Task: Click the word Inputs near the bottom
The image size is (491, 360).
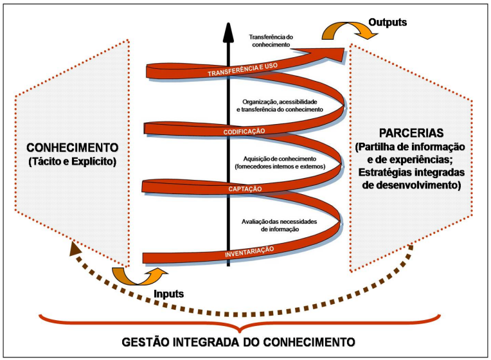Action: [x=170, y=293]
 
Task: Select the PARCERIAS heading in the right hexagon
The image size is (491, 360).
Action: [x=413, y=135]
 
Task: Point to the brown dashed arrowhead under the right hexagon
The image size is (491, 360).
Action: [x=409, y=251]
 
